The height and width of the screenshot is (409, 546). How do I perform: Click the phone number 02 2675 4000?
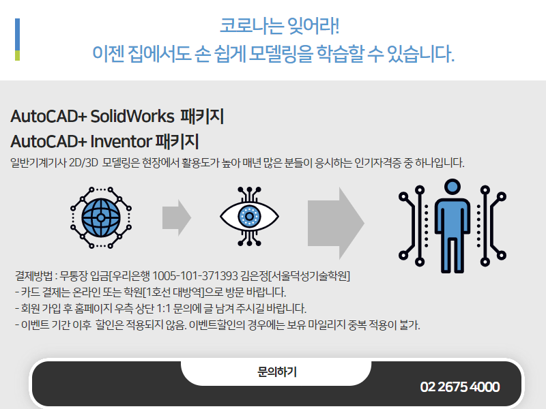coord(460,387)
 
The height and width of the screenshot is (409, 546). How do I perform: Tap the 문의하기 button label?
coord(277,372)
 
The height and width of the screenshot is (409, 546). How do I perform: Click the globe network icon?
coord(101,217)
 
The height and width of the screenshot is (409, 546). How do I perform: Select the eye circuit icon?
coord(249,216)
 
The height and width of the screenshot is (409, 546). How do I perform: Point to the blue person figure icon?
coord(452,226)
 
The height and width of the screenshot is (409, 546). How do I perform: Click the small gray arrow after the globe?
coord(177,217)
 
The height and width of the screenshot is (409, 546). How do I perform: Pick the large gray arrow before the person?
coord(336,224)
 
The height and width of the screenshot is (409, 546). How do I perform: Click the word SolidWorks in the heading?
coord(132,116)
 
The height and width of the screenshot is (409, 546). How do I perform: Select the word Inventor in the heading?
coord(121,142)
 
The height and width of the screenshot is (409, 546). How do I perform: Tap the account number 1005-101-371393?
coord(195,276)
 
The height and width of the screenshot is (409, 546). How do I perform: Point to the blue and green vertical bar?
coord(18,40)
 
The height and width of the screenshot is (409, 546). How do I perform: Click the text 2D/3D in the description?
coord(83,163)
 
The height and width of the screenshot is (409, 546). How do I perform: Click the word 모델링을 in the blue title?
coord(281,55)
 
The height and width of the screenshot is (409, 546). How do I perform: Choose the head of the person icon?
coord(452,186)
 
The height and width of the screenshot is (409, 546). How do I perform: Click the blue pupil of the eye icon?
coord(249,216)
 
